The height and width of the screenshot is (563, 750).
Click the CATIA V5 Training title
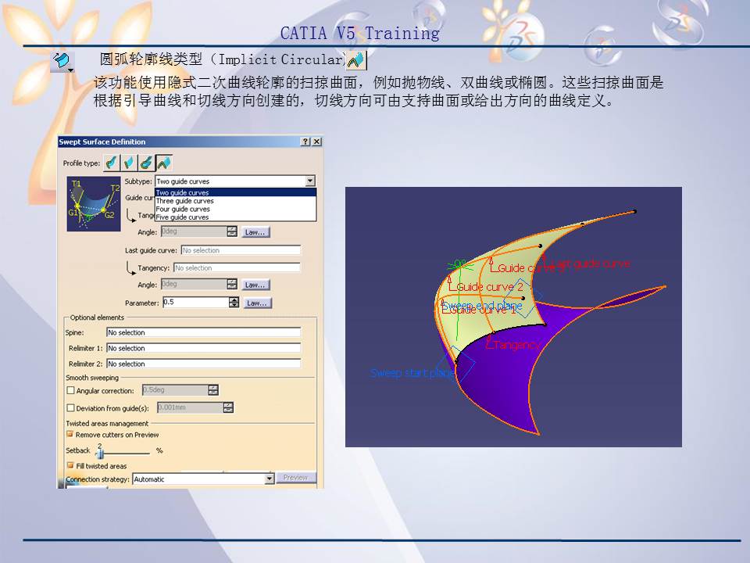359,33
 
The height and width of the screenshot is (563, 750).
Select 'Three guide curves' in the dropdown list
184,201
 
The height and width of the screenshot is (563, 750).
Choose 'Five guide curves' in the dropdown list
182,217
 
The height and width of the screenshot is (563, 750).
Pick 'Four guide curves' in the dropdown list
183,210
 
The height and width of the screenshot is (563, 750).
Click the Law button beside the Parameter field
256,303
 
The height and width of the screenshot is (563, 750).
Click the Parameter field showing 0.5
195,303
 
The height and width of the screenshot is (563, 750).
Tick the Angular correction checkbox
71,391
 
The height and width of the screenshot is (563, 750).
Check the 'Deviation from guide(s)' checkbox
71,408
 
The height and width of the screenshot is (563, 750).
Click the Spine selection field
203,332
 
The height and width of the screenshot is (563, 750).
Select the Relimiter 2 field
203,364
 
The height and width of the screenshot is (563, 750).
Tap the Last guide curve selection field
240,250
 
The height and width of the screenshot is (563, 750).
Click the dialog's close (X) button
316,142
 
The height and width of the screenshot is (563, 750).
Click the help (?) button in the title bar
305,142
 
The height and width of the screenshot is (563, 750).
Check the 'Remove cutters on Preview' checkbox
70,435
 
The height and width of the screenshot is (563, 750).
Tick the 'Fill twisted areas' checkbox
70,466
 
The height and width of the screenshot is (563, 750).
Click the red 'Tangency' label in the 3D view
514,345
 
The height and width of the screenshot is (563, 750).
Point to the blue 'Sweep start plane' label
412,373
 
